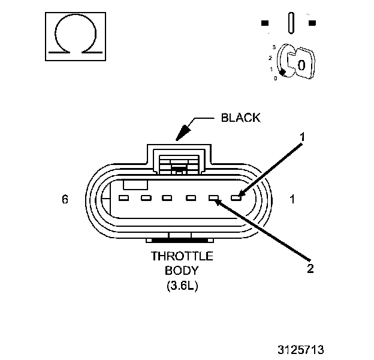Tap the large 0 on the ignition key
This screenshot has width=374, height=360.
pos(302,64)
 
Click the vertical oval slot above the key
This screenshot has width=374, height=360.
pos(291,23)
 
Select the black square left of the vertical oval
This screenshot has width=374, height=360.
pos(265,23)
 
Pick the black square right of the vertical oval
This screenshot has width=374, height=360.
pos(312,23)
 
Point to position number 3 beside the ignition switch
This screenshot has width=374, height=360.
pos(274,46)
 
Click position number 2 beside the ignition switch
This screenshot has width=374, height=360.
pos(270,57)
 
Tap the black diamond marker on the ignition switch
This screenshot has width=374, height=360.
pos(282,72)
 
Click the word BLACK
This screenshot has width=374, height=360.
pos(241,118)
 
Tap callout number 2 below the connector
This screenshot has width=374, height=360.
pos(310,268)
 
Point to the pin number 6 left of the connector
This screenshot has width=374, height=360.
pos(65,199)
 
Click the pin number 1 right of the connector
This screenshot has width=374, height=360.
pos(292,199)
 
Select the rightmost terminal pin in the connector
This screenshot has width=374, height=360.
pos(236,197)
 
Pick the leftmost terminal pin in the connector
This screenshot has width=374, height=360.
pos(123,197)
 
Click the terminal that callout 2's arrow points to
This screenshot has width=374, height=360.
pos(213,197)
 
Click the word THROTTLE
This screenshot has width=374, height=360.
pos(182,256)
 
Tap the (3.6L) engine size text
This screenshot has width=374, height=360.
pos(182,286)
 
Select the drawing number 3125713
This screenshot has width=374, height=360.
pos(307,349)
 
